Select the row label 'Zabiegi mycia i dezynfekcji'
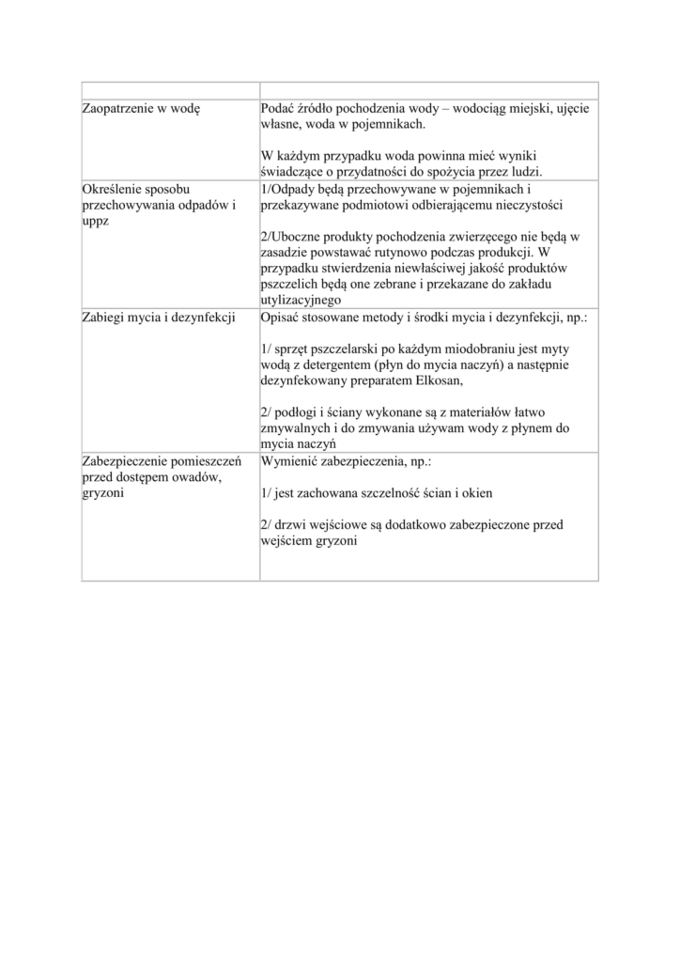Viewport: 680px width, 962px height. click(x=158, y=318)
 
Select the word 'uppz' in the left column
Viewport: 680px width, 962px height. click(x=96, y=220)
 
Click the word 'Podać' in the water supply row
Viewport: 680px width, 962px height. click(x=281, y=108)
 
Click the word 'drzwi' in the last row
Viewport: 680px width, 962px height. click(x=292, y=524)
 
